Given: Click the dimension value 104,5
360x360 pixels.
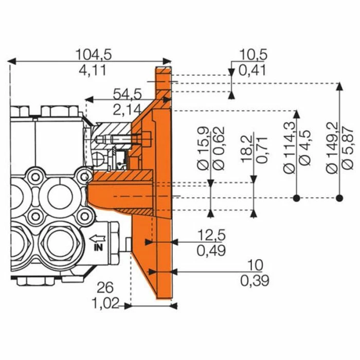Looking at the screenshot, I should [94, 53].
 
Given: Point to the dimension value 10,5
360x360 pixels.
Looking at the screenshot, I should [253, 55].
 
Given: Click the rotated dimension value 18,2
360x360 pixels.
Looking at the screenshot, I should [246, 150].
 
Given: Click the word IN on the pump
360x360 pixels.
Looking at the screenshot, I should [98, 247].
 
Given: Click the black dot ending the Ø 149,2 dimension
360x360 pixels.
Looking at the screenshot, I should [338, 198].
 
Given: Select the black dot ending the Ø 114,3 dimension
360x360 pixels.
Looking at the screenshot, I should [296, 198].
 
